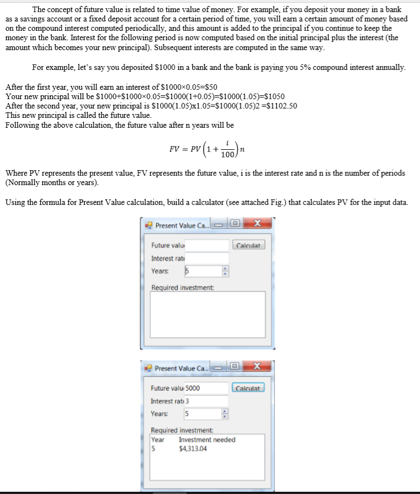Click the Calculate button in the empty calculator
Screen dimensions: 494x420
(249, 245)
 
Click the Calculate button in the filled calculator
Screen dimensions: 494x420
(248, 388)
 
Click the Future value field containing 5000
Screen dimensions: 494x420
(206, 388)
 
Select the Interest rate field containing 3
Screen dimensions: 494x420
(206, 401)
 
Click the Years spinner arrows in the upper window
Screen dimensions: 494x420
(224, 271)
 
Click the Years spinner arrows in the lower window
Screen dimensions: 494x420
(224, 414)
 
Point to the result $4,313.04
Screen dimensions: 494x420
(193, 449)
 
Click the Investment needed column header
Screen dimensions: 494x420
(207, 439)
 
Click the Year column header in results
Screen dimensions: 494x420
(158, 439)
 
